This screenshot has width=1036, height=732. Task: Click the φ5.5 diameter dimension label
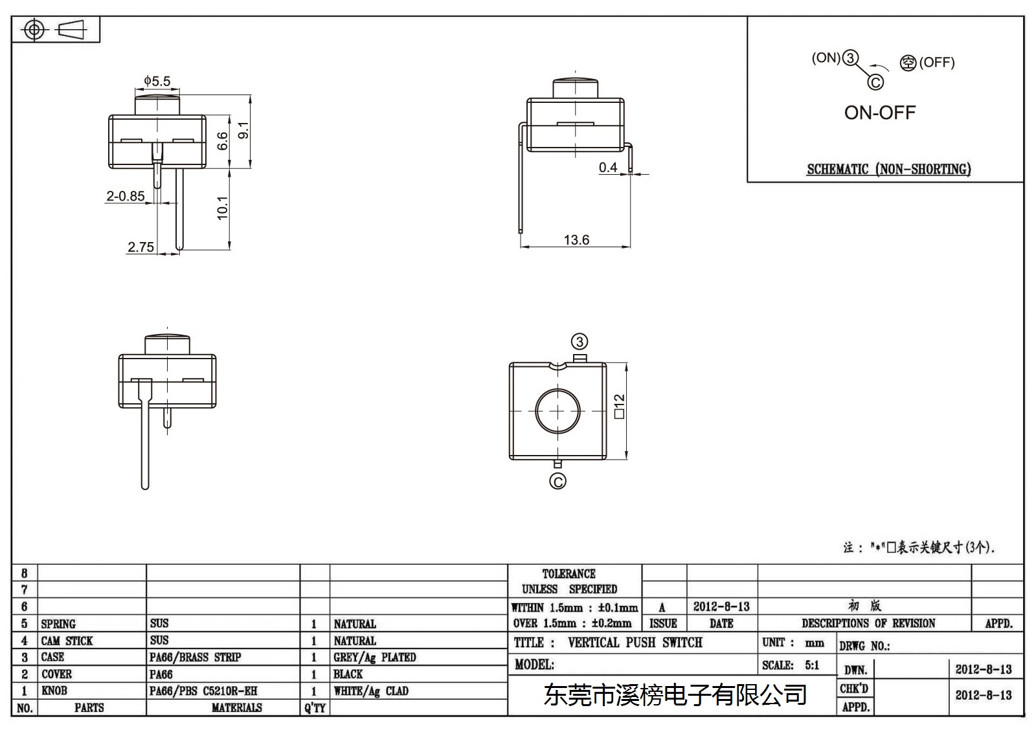[157, 81]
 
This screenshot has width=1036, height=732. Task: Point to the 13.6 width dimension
[576, 239]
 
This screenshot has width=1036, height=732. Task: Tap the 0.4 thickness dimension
[608, 167]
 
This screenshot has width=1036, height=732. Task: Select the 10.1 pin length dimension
[223, 208]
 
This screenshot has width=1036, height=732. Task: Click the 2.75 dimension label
[141, 247]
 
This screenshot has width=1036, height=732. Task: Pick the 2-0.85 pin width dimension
[126, 196]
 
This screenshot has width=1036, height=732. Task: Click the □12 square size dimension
[619, 406]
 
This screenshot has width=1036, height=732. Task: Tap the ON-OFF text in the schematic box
[880, 113]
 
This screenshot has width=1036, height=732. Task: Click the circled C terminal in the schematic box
[875, 82]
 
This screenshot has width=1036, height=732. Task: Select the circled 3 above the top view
[580, 342]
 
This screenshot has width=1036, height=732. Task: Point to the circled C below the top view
[557, 482]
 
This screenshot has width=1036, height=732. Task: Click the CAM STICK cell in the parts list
[67, 641]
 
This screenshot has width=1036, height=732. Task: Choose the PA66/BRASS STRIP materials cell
[195, 657]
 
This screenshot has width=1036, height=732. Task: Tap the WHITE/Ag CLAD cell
[371, 691]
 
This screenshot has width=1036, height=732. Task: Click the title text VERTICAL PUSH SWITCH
[635, 642]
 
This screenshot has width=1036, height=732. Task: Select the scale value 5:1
[812, 665]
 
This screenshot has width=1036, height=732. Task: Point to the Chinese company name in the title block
[675, 694]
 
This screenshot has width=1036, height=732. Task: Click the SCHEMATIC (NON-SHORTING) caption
[889, 169]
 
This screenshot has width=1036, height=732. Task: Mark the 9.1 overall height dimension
[243, 130]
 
